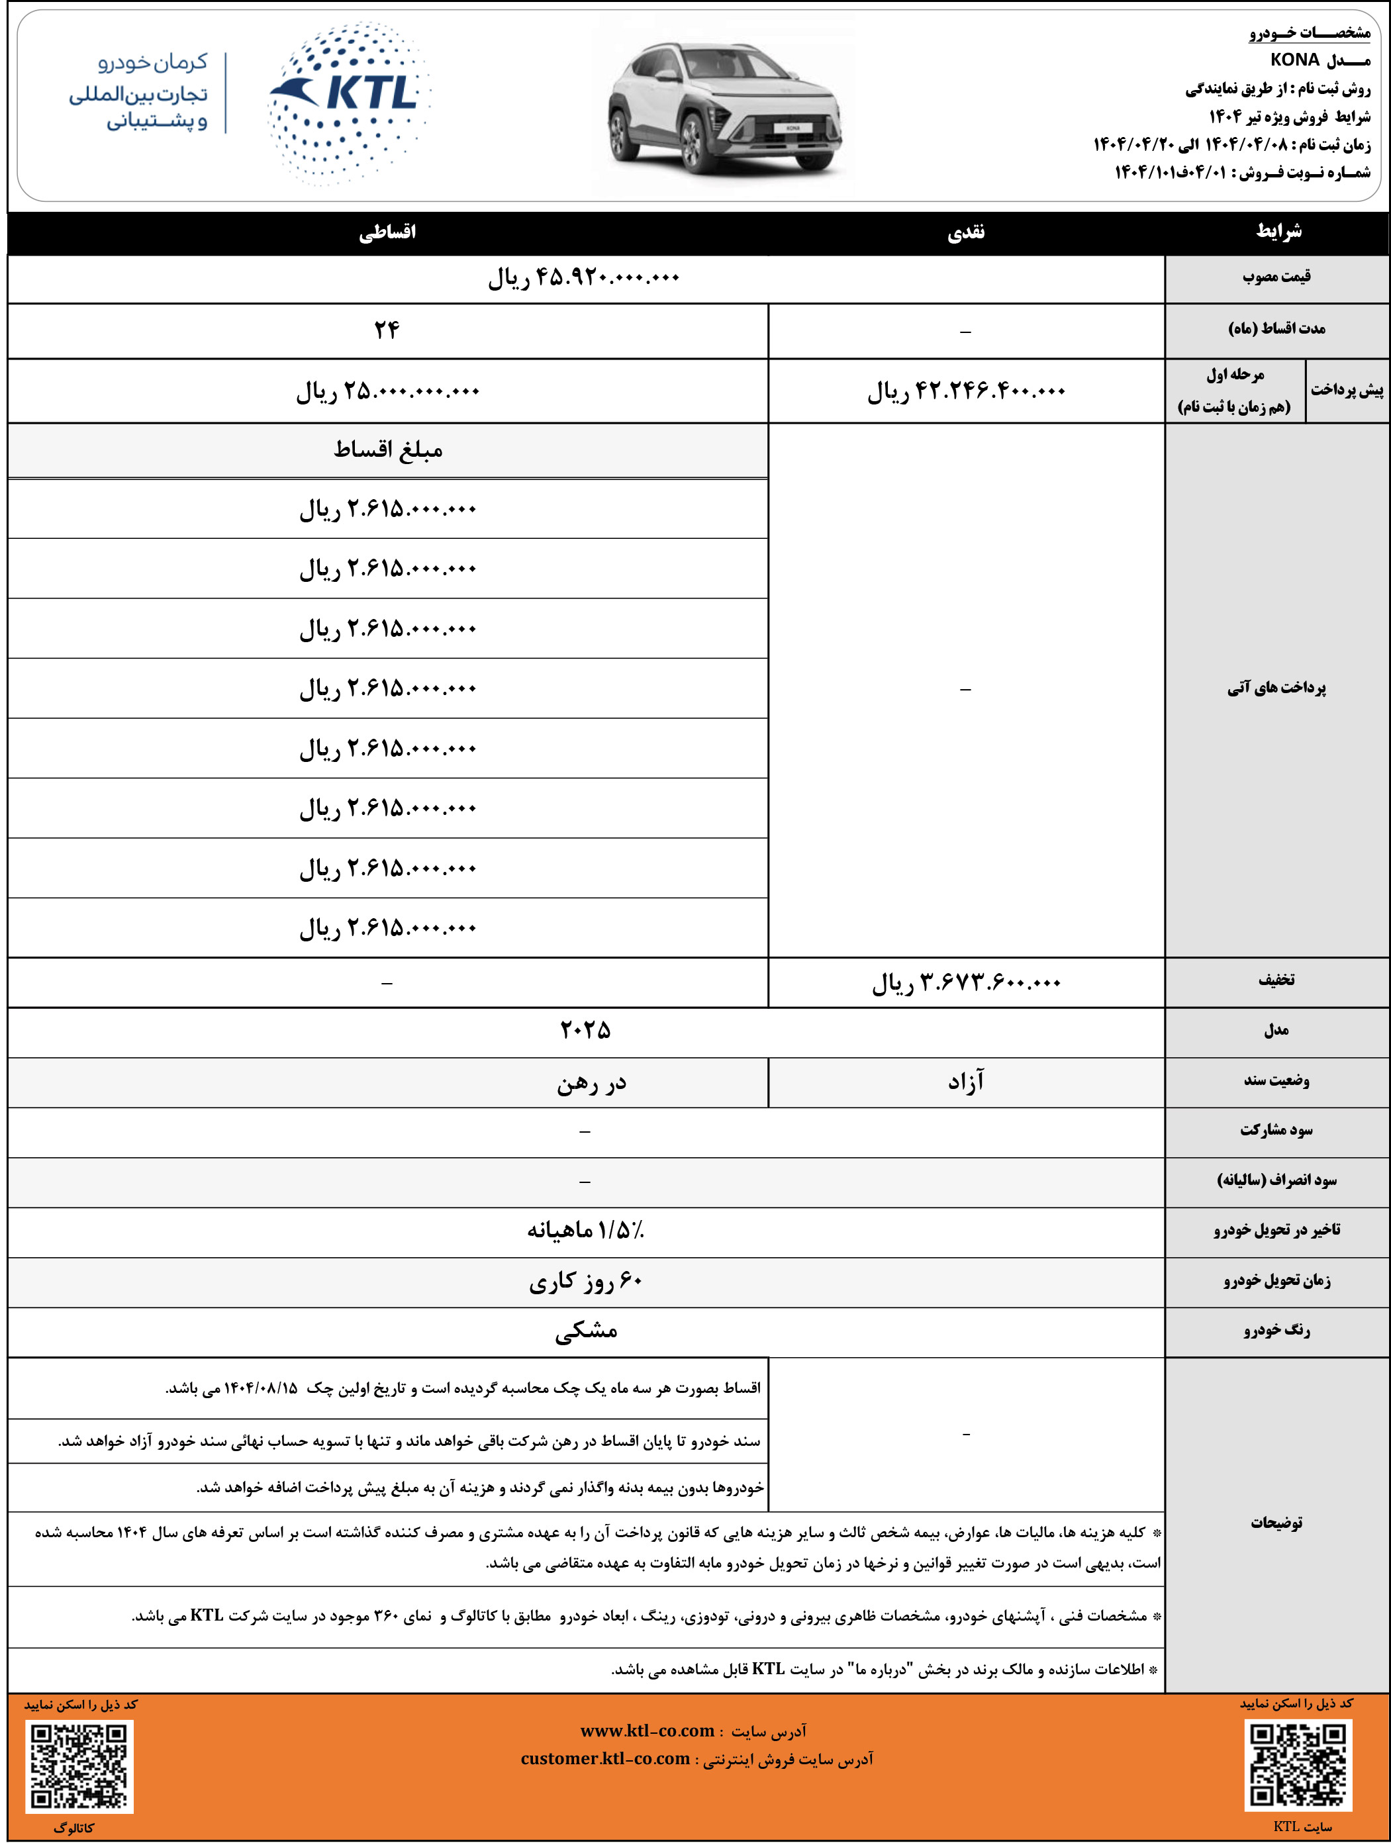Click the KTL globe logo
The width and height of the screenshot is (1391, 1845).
(349, 103)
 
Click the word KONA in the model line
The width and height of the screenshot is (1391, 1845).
(1294, 60)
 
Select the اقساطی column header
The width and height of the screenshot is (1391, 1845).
(387, 233)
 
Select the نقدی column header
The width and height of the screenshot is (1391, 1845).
(966, 233)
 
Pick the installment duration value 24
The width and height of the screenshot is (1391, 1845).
(387, 330)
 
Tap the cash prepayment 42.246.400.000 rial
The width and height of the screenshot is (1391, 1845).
(966, 391)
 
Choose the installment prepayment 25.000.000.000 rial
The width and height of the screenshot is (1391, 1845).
(387, 391)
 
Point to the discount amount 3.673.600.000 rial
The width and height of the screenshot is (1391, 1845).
(966, 982)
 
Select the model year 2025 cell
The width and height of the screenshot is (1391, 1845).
(585, 1031)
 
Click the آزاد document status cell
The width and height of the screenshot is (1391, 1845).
(966, 1082)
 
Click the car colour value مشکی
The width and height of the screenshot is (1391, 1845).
(585, 1331)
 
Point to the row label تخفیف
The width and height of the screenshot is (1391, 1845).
(1276, 981)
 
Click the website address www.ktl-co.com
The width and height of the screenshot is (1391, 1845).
(647, 1730)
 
